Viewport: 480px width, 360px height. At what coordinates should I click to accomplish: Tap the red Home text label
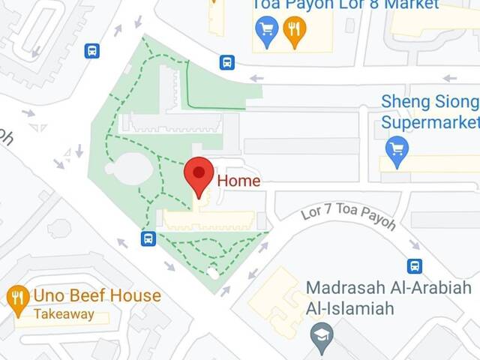coord(238,181)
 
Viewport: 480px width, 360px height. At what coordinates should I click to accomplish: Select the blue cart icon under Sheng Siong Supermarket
coord(395,147)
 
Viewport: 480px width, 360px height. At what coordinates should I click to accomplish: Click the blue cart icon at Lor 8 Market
coord(267,30)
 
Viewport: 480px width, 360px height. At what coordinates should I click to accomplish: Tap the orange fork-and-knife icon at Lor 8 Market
coord(295,30)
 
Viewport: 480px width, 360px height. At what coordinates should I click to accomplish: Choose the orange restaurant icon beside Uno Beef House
coord(18,297)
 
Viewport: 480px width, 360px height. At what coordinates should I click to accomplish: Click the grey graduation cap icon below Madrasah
coord(322,333)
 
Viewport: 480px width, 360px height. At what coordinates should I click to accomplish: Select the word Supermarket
coord(429,121)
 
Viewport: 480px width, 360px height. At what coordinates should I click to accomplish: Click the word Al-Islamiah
coord(350,307)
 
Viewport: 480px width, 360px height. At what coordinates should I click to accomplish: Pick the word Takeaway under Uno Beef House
coord(64,314)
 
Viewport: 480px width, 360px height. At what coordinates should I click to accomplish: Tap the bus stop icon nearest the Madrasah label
coord(415,265)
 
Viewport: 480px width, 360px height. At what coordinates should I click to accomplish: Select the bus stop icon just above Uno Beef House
coord(148,238)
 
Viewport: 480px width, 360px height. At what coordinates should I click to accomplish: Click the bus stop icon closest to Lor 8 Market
coord(226,62)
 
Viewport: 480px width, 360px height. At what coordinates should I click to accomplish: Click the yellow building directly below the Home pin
coord(209,220)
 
